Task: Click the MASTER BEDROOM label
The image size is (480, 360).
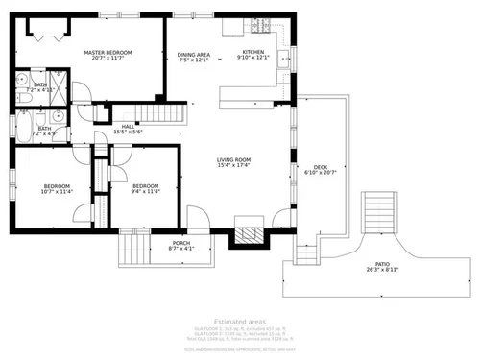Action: [x=106, y=53]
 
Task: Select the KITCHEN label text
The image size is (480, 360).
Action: [x=252, y=52]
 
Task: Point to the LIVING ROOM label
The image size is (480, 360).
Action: [x=233, y=160]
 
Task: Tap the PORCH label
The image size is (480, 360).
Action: [x=180, y=243]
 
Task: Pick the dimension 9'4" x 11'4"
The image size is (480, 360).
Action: [x=145, y=191]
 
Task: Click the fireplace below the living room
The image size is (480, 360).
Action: [x=248, y=232]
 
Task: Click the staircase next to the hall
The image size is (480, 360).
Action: [x=163, y=115]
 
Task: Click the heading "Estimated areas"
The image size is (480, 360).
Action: [x=239, y=321]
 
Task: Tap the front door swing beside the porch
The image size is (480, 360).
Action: [x=197, y=218]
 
